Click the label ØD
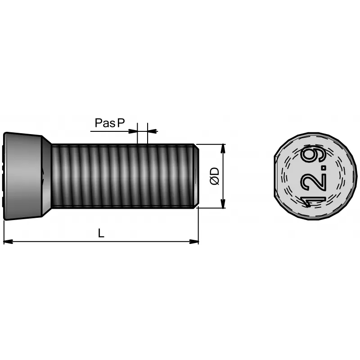[x=215, y=176]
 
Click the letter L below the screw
[x=101, y=233]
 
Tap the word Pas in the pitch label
[x=105, y=123]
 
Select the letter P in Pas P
[x=121, y=123]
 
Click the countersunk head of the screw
[x=25, y=176]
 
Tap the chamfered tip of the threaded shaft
[x=195, y=176]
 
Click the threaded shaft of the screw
[x=121, y=176]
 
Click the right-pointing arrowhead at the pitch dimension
[x=134, y=131]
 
